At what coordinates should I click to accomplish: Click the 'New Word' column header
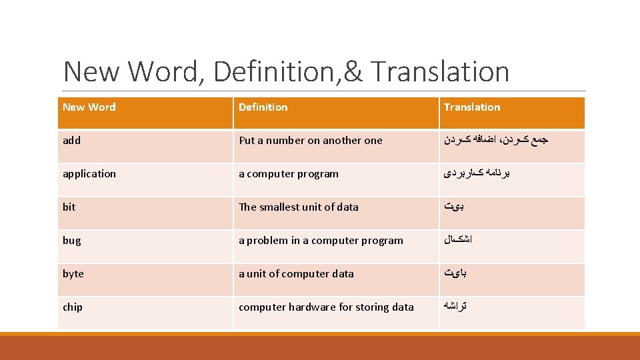(89, 107)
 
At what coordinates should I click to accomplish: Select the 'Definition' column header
(263, 107)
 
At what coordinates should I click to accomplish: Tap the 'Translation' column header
(472, 107)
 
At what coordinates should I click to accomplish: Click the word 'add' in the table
(72, 141)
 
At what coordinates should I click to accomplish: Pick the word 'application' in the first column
(89, 174)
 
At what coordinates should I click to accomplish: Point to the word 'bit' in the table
(69, 207)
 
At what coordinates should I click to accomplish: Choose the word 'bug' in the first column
(72, 241)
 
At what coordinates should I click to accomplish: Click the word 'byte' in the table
(73, 274)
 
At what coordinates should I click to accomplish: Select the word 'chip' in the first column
(73, 307)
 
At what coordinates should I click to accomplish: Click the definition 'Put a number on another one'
(311, 141)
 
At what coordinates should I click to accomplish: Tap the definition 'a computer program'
(289, 174)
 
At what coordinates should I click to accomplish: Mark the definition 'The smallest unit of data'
(299, 207)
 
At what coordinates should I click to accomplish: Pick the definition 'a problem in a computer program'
(321, 241)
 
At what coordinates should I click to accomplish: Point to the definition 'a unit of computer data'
(297, 274)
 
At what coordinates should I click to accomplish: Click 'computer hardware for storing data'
(326, 307)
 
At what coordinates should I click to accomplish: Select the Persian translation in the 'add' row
(496, 141)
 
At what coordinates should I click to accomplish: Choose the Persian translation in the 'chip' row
(456, 307)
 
